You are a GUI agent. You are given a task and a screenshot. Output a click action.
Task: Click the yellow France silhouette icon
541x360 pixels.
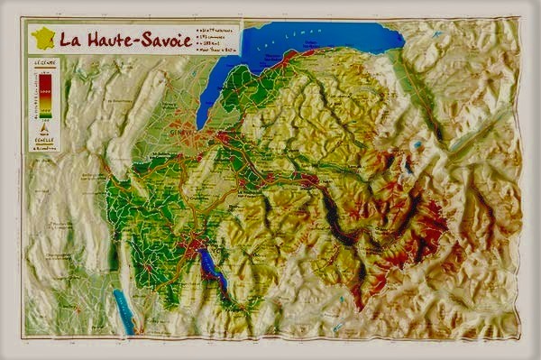[43, 38]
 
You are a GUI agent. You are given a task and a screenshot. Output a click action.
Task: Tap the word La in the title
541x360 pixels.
[71, 40]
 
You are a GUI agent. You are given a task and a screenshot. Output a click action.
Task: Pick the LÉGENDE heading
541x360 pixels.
[41, 62]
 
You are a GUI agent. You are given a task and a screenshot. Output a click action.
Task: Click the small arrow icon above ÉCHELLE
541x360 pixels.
[42, 129]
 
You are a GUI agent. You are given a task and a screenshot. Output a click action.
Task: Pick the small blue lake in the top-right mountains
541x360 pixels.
[416, 144]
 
